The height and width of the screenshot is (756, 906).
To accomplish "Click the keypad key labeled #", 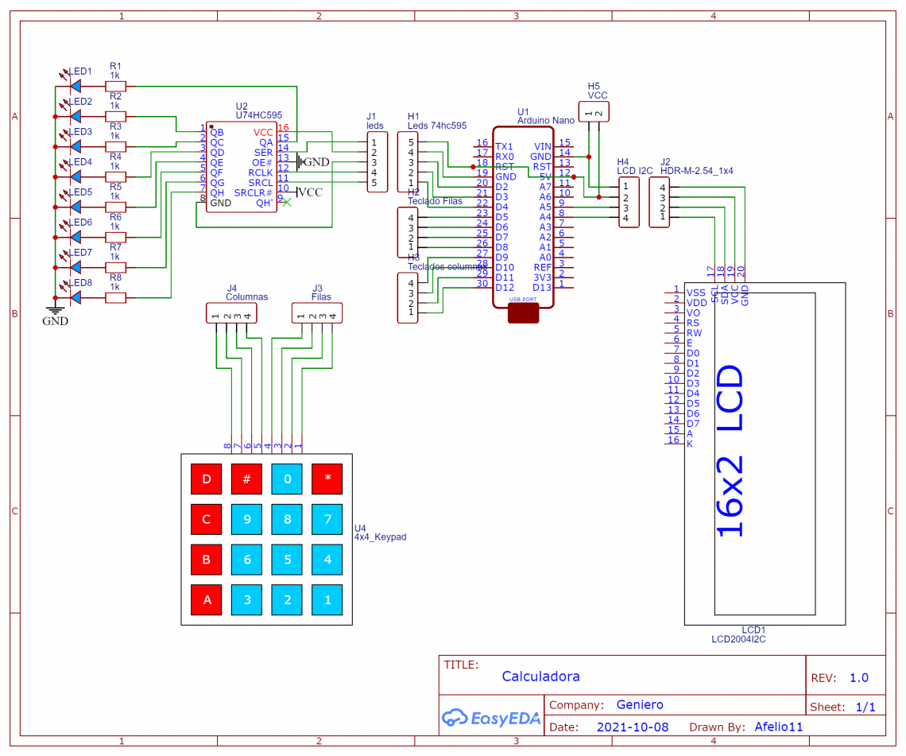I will [x=246, y=479].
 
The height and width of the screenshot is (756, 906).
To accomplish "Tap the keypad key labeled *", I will [x=327, y=479].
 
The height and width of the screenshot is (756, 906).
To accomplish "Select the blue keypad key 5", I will [x=287, y=559].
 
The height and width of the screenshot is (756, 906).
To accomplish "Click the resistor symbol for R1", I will [x=116, y=86].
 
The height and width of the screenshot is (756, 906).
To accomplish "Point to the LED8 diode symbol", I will [x=76, y=297].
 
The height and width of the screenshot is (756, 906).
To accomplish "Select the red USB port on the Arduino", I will [x=523, y=312].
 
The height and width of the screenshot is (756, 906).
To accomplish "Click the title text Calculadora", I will [x=540, y=677].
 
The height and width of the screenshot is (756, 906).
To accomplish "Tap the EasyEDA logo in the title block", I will [x=491, y=718].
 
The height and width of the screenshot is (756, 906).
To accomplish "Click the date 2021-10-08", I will [x=632, y=727].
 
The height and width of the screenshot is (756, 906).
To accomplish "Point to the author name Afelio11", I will [x=779, y=727].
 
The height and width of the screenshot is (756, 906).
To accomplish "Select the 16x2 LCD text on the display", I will [x=730, y=451].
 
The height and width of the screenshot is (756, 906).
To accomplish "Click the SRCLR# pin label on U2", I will [x=254, y=193].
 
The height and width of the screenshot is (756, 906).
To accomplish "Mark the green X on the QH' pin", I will [x=287, y=203].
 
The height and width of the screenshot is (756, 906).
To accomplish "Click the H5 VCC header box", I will [x=593, y=112].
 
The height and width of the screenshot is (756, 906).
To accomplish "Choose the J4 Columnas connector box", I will [x=231, y=313].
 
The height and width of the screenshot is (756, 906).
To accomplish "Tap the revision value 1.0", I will [x=858, y=678].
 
